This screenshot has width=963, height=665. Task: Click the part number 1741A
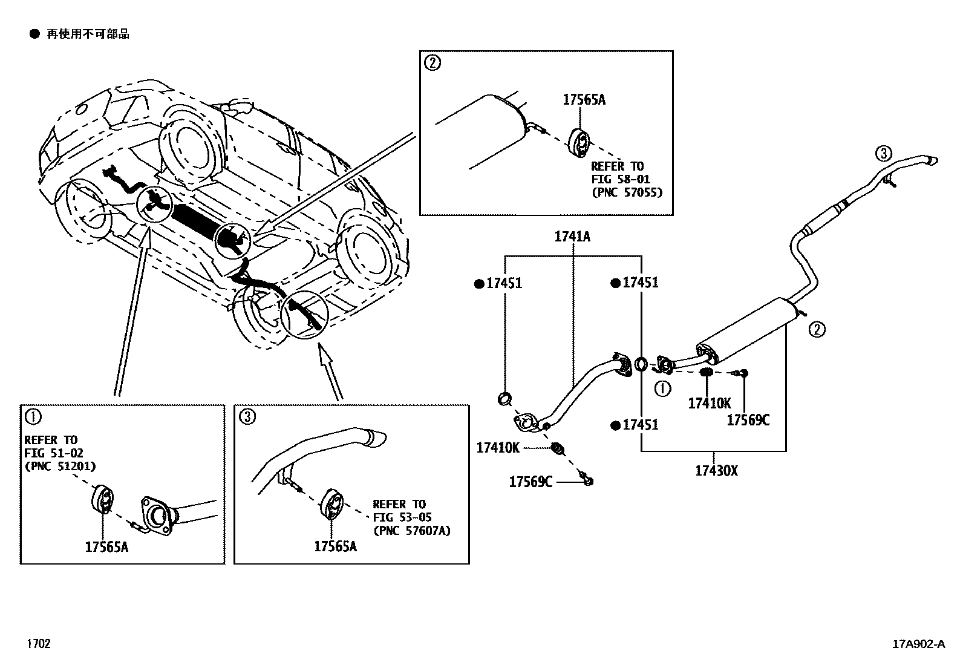(x=572, y=237)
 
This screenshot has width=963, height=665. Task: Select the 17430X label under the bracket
(x=716, y=470)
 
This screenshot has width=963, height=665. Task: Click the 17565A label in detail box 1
(x=106, y=546)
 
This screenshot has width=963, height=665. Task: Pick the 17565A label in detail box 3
(x=335, y=546)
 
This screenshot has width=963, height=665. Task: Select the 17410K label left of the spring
(x=497, y=448)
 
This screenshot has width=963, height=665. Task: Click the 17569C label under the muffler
(x=748, y=420)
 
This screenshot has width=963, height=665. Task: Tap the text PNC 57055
(x=627, y=192)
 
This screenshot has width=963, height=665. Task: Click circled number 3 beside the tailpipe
(x=883, y=154)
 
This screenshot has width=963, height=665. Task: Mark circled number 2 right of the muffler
(x=816, y=329)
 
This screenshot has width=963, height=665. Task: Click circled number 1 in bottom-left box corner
(x=33, y=416)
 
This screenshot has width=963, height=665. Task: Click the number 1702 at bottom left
(x=38, y=644)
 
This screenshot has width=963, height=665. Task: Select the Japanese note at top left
(x=88, y=34)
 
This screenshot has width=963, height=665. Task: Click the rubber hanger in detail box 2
(x=579, y=143)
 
